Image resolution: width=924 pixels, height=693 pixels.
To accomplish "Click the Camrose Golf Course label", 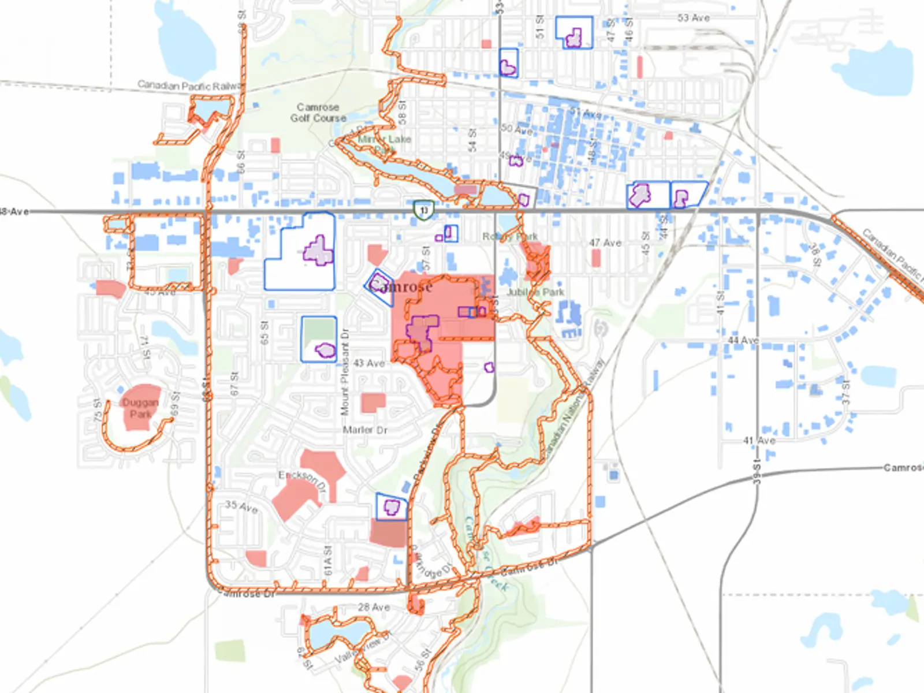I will pyautogui.click(x=318, y=113).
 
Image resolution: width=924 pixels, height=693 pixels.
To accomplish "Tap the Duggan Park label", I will pyautogui.click(x=140, y=408).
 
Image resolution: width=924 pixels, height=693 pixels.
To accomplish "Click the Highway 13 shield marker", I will pyautogui.click(x=424, y=210).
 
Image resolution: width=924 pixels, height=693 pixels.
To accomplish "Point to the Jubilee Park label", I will pyautogui.click(x=535, y=292).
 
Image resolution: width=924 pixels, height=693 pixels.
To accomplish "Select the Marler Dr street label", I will pyautogui.click(x=365, y=430).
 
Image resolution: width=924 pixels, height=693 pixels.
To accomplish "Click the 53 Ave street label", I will pyautogui.click(x=694, y=18).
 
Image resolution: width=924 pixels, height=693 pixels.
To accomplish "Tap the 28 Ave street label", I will pyautogui.click(x=374, y=608).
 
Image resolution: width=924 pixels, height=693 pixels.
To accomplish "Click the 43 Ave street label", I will pyautogui.click(x=369, y=363).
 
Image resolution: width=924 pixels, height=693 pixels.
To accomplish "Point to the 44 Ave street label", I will pyautogui.click(x=743, y=340).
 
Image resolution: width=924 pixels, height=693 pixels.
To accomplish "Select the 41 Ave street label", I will pyautogui.click(x=759, y=441).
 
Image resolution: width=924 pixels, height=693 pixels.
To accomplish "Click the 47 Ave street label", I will pyautogui.click(x=605, y=243).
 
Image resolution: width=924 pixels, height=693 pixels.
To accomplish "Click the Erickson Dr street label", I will pyautogui.click(x=303, y=481).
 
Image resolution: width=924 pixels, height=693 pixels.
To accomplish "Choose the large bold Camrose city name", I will pyautogui.click(x=401, y=286).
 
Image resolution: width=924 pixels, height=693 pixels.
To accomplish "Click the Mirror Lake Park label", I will pyautogui.click(x=384, y=144).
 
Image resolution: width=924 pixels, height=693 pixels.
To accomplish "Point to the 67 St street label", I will pyautogui.click(x=234, y=383).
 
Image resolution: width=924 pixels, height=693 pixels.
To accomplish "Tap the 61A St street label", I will pyautogui.click(x=328, y=560).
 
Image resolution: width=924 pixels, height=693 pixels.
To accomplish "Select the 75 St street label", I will pyautogui.click(x=98, y=409).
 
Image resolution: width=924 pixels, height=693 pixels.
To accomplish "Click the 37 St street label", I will pyautogui.click(x=846, y=391).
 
